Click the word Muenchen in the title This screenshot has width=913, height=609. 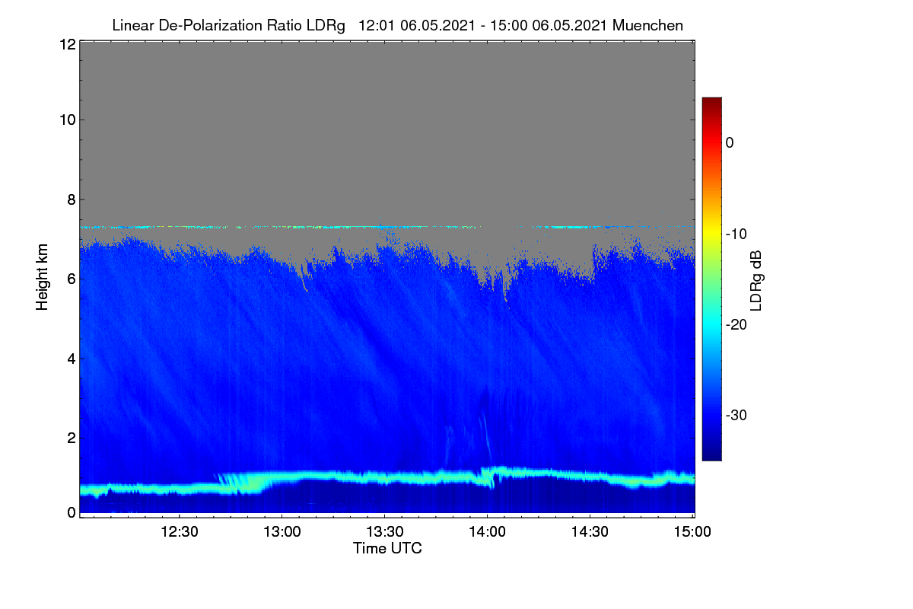(x=647, y=25)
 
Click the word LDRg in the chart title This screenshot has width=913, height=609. (x=326, y=26)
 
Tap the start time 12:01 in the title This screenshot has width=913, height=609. (x=376, y=25)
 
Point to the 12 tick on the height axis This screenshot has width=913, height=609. (x=68, y=44)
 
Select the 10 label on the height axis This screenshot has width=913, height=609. (x=68, y=120)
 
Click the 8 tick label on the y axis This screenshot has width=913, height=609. (x=72, y=199)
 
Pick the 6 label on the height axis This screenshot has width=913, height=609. (x=72, y=279)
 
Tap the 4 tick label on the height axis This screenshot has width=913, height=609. (x=72, y=359)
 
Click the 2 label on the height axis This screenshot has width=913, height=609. (x=72, y=438)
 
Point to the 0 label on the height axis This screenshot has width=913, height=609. (x=72, y=512)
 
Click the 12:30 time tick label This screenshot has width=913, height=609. (x=180, y=531)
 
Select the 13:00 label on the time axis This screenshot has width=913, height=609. (x=282, y=531)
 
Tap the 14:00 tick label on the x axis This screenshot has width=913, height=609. (x=487, y=531)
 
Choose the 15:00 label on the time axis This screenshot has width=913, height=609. (x=692, y=531)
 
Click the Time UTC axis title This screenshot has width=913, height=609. (x=387, y=548)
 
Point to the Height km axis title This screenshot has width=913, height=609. (x=42, y=277)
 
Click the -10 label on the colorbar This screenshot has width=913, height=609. (x=736, y=234)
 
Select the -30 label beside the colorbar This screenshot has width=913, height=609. (x=736, y=415)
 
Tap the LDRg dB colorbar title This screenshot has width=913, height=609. (x=756, y=281)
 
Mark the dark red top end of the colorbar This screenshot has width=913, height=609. (x=711, y=99)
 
